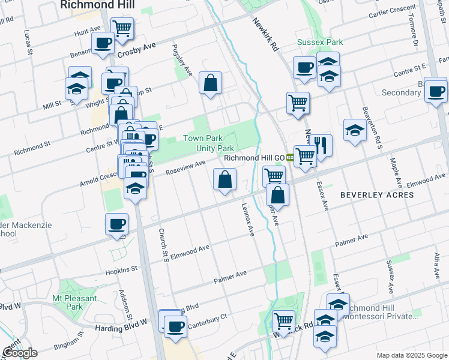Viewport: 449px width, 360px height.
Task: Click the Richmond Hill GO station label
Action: coord(254,158)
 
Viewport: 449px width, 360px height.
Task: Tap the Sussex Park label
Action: coord(320,43)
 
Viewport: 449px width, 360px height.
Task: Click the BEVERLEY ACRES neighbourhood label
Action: coord(377,195)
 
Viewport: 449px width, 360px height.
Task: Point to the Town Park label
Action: coord(199,138)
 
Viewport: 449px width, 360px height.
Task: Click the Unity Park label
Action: coord(217,148)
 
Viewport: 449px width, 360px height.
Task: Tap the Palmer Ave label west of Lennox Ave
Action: coord(231,277)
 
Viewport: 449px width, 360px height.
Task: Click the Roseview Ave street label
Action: coord(186,166)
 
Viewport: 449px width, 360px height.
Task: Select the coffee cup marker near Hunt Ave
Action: coord(102,43)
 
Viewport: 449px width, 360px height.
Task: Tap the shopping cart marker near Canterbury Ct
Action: coord(283,321)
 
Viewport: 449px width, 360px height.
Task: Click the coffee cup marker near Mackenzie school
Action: coord(116,224)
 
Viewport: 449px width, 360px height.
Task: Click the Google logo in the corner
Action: coord(20,353)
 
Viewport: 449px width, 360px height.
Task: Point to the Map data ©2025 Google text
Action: coord(411,355)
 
